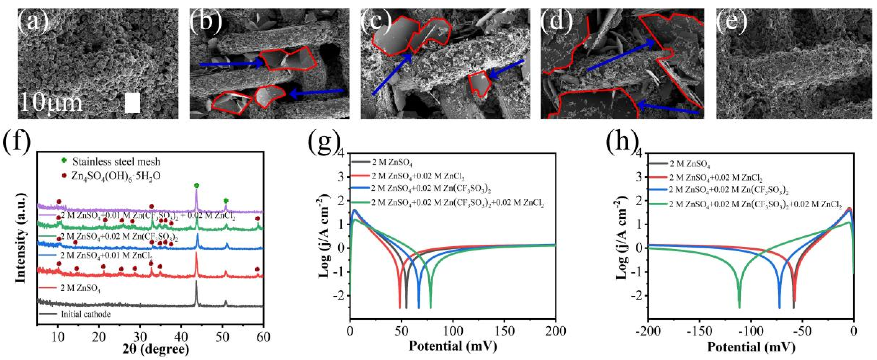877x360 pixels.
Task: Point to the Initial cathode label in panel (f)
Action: [x=86, y=314]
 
